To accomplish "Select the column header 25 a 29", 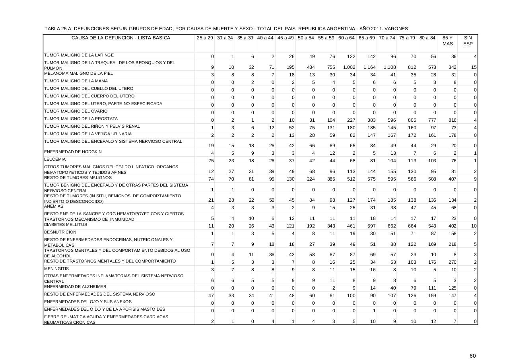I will point(205,38).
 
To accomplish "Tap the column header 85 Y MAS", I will point(447,41).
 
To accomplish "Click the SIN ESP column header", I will point(468,41).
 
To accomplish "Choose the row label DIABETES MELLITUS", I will point(65,225).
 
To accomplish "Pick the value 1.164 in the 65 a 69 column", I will point(369,67).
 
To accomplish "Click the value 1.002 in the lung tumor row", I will point(349,67).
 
